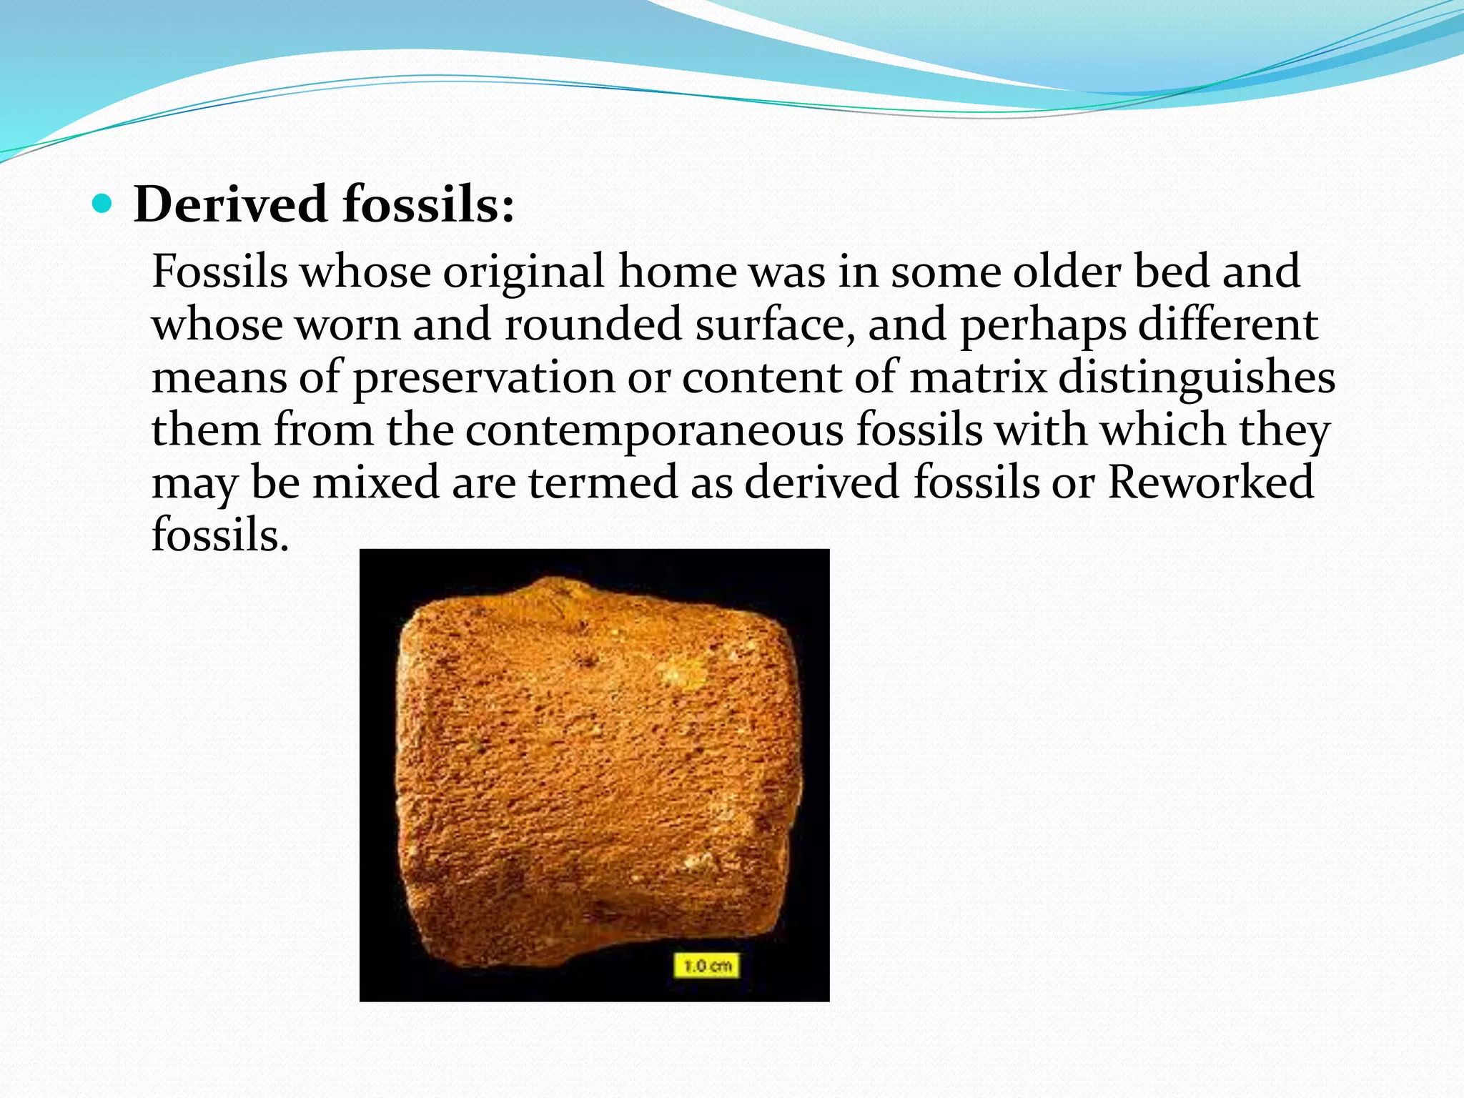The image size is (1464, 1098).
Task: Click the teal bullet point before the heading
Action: (x=103, y=205)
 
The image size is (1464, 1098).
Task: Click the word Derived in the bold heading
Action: (x=230, y=205)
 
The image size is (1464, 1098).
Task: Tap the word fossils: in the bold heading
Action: (x=428, y=205)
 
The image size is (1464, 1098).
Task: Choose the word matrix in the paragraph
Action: (x=977, y=377)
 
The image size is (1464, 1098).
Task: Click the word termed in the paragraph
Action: (x=603, y=483)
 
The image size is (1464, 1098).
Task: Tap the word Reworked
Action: (x=1210, y=483)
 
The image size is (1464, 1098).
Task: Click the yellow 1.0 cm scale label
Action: (x=707, y=966)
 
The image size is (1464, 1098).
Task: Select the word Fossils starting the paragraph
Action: (x=219, y=272)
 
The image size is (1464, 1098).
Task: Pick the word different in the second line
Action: (x=1227, y=325)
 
